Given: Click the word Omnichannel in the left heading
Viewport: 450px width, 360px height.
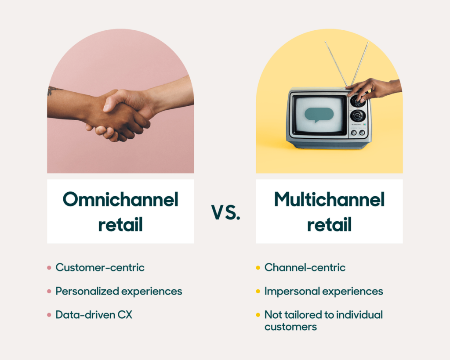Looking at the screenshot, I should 120,200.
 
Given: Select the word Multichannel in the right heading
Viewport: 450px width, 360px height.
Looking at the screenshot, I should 329,200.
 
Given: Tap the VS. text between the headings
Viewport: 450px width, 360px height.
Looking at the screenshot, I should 225,212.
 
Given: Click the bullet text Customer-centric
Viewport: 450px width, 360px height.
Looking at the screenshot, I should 100,267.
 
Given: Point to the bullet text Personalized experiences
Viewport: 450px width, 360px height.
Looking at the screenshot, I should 119,291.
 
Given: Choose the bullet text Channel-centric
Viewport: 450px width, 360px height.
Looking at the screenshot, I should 305,267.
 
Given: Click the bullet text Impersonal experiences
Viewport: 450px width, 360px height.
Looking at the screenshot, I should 323,291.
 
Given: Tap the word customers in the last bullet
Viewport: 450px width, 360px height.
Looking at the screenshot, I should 290,327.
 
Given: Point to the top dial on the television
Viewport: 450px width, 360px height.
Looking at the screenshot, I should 357,101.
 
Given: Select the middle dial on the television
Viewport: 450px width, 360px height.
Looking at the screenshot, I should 357,116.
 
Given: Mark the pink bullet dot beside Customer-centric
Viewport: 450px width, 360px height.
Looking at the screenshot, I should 49,268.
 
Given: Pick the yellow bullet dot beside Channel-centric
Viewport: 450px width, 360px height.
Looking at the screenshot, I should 258,268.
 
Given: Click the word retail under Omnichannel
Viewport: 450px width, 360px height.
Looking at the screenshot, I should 120,225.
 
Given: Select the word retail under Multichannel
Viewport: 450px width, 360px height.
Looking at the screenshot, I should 329,225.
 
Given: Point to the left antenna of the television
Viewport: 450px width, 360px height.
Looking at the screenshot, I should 336,64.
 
